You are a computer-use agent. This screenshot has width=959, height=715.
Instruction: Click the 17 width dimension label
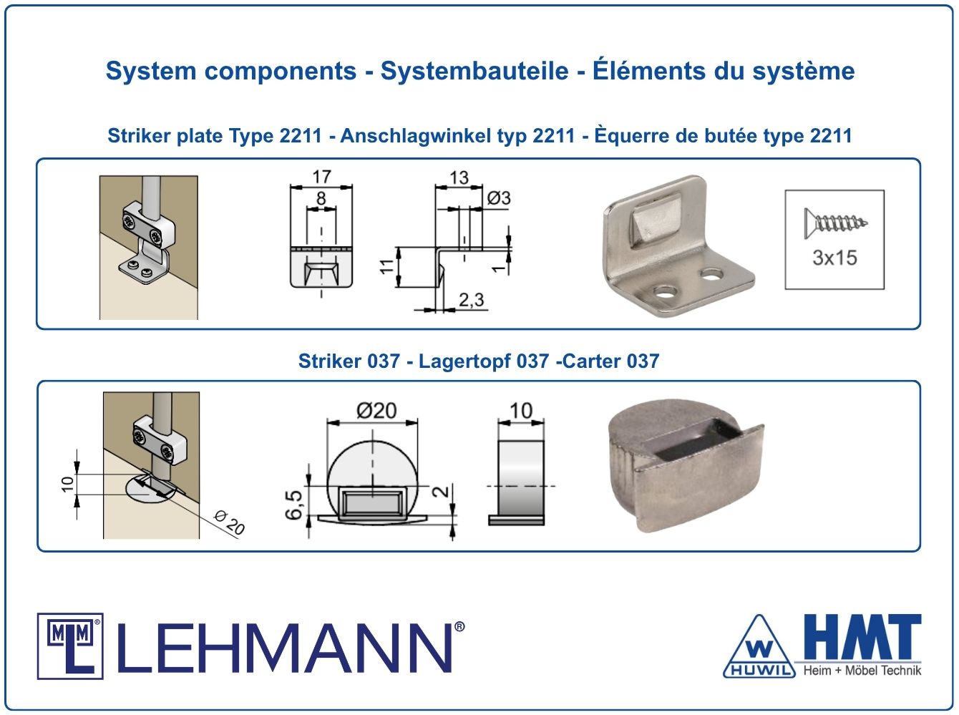[x=321, y=177]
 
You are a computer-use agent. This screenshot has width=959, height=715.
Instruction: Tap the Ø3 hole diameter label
[x=499, y=198]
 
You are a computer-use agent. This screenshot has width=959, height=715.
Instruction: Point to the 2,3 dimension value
[x=472, y=300]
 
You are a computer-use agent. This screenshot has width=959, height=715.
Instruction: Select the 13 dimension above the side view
[x=459, y=177]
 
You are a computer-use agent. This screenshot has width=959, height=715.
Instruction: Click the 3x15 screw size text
[x=834, y=258]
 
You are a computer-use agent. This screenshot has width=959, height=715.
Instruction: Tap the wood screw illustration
[x=836, y=223]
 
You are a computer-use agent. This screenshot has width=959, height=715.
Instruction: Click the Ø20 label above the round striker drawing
[x=376, y=411]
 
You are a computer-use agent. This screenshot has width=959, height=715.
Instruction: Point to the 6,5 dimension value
[x=293, y=505]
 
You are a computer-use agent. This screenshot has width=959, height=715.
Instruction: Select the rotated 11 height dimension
[x=386, y=266]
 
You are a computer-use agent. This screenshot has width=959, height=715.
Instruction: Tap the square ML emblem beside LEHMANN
[x=70, y=646]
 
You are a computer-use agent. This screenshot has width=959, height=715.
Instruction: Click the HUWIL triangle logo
[x=759, y=647]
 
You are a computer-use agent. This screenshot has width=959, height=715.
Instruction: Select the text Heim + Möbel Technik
[x=862, y=671]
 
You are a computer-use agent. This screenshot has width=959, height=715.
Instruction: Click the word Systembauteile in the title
[x=474, y=71]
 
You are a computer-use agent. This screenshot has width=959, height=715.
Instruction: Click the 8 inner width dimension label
[x=321, y=198]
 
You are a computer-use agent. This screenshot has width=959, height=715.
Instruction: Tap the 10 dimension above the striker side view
[x=521, y=411]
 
